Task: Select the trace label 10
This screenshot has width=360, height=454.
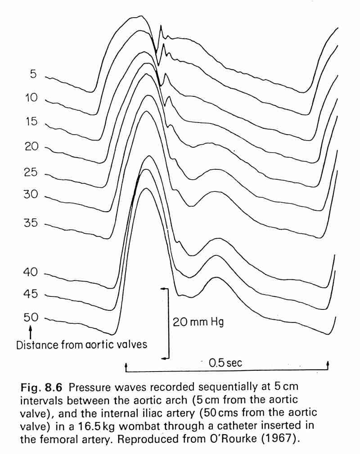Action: (x=31, y=98)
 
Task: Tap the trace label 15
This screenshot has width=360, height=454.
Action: (x=31, y=122)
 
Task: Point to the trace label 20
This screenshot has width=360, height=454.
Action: (x=31, y=146)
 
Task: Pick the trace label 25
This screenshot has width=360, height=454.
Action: (x=31, y=173)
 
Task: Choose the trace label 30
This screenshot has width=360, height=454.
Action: (x=31, y=195)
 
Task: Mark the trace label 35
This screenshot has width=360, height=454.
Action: (x=31, y=223)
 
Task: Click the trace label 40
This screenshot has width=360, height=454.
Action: (x=31, y=272)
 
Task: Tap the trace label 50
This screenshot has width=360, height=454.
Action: (x=31, y=318)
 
